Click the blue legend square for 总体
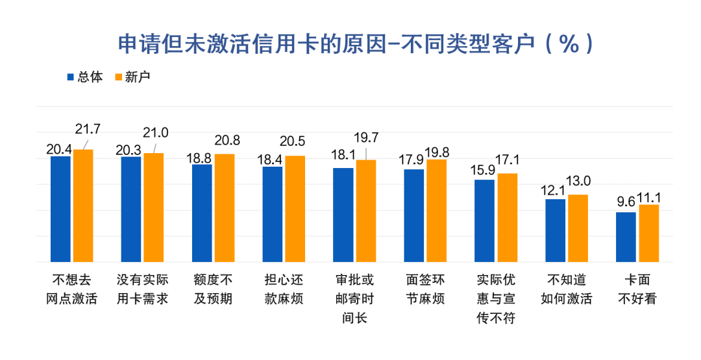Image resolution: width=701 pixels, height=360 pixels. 71,77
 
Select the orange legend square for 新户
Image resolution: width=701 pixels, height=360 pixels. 117,77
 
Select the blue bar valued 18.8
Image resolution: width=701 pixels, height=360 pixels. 202,213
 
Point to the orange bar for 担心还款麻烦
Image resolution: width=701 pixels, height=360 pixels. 295,209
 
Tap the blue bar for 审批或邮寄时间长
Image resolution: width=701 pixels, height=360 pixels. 343,215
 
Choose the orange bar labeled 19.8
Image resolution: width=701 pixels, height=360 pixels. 437,211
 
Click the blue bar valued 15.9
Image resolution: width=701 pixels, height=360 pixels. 484,221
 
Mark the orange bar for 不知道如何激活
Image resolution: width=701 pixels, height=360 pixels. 578,228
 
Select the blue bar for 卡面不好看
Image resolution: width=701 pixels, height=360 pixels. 626,237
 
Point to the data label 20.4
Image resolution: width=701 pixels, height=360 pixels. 58,149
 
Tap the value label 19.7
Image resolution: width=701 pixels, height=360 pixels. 366,138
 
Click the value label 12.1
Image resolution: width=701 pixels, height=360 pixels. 554,191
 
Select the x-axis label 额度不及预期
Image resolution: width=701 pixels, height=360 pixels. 213,289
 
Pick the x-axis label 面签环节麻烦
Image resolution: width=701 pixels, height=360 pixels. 424,289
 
